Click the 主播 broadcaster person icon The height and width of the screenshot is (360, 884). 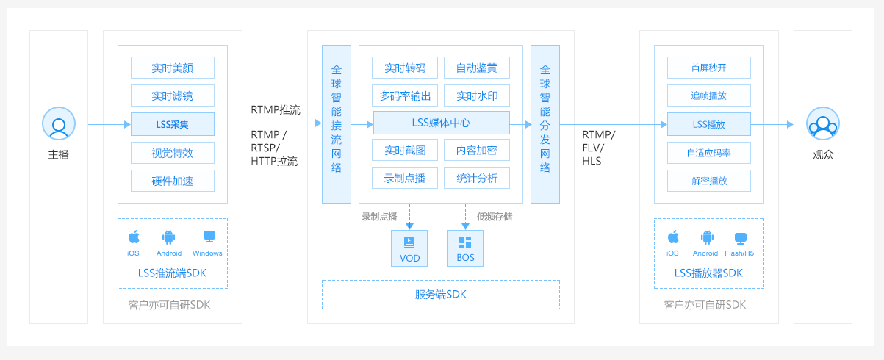click(x=59, y=123)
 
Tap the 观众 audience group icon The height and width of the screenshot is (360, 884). click(x=823, y=123)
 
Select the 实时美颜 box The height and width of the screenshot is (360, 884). click(x=173, y=68)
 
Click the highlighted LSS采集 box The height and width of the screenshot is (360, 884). click(x=173, y=124)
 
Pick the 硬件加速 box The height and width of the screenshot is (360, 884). click(x=173, y=181)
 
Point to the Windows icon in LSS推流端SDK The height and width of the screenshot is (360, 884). click(x=209, y=237)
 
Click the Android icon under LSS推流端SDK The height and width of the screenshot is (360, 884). click(x=169, y=237)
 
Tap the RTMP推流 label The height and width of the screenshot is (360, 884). click(x=275, y=110)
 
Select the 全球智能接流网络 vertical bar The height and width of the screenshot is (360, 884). click(x=337, y=123)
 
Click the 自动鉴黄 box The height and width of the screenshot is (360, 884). click(x=477, y=68)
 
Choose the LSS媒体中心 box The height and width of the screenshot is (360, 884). click(x=442, y=123)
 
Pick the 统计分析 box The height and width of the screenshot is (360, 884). click(x=477, y=178)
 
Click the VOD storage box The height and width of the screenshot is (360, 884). click(x=409, y=247)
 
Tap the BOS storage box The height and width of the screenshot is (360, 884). click(x=466, y=247)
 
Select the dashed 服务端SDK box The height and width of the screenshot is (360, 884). click(x=441, y=295)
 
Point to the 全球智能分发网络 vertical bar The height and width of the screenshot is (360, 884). click(x=545, y=123)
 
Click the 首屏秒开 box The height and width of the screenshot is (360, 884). click(x=709, y=68)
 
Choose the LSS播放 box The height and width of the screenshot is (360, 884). click(x=709, y=124)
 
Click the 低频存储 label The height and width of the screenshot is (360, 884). click(x=495, y=216)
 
